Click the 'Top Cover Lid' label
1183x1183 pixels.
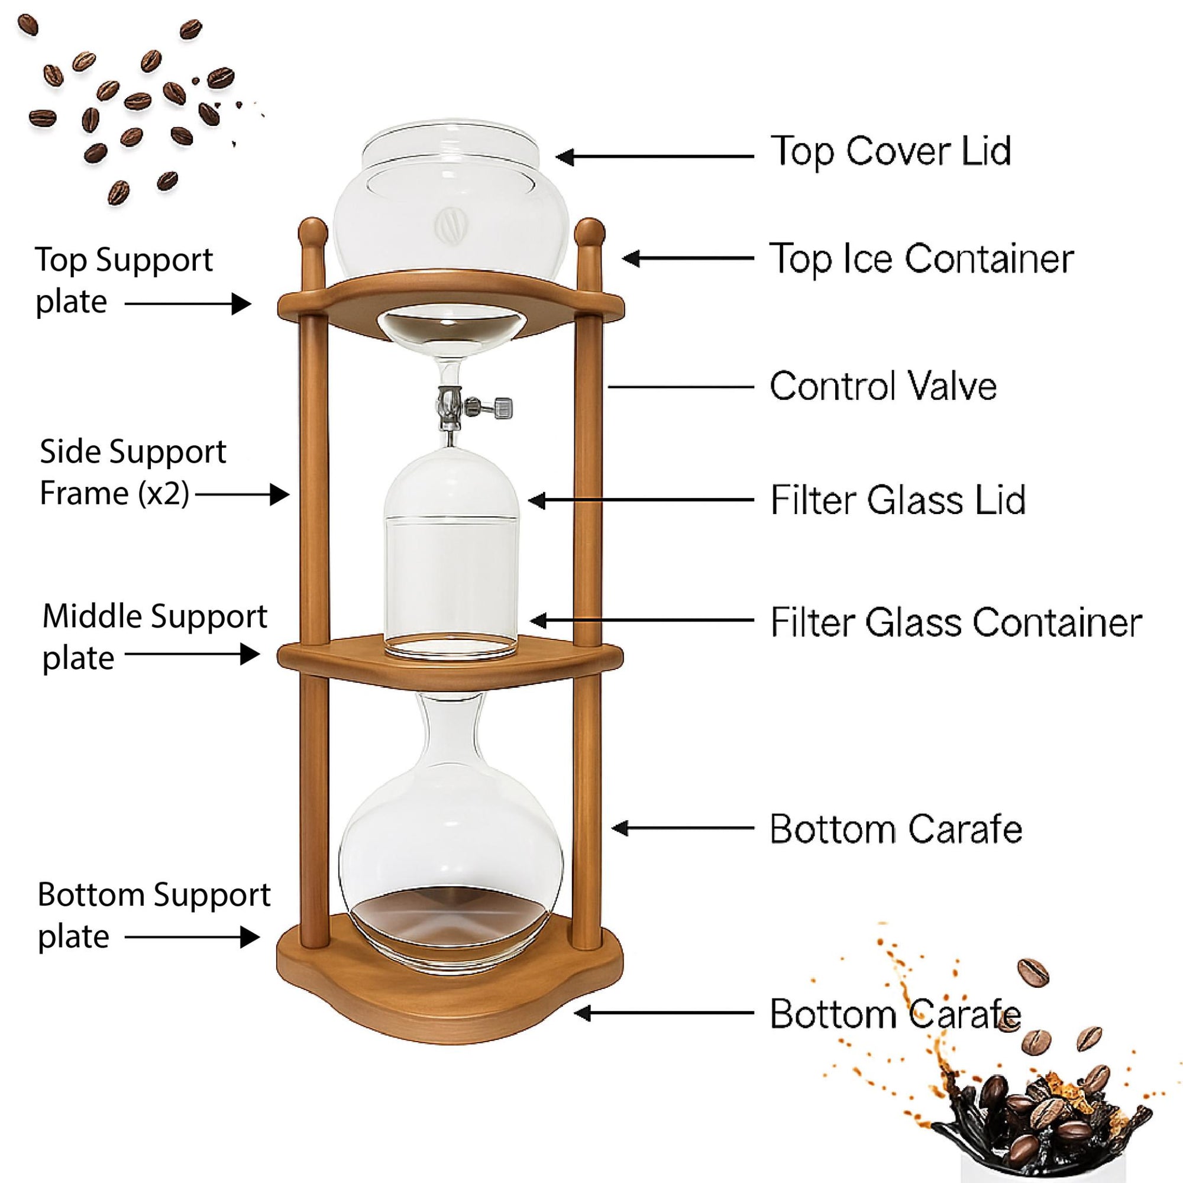pyautogui.click(x=890, y=151)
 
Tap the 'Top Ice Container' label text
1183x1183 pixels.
pyautogui.click(x=921, y=258)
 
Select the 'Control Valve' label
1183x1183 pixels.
pyautogui.click(x=883, y=386)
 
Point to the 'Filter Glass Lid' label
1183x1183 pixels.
pyautogui.click(x=897, y=500)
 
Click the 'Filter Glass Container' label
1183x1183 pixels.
pyautogui.click(x=955, y=623)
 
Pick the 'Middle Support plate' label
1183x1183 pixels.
pyautogui.click(x=154, y=637)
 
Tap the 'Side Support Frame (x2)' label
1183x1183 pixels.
pyautogui.click(x=132, y=472)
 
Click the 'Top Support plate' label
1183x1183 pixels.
pyautogui.click(x=123, y=280)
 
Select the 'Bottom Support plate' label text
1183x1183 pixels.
pyautogui.click(x=153, y=916)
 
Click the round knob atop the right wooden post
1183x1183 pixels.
pyautogui.click(x=590, y=232)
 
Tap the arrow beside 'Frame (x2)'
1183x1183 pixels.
pyautogui.click(x=243, y=494)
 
